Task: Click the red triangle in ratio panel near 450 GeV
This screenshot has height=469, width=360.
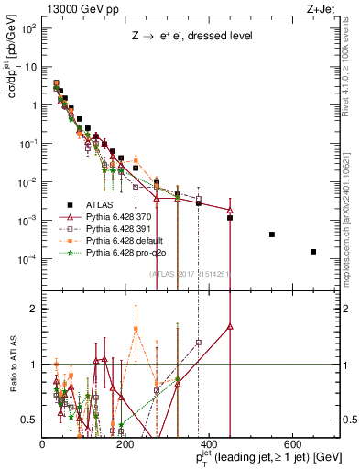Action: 230,326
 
